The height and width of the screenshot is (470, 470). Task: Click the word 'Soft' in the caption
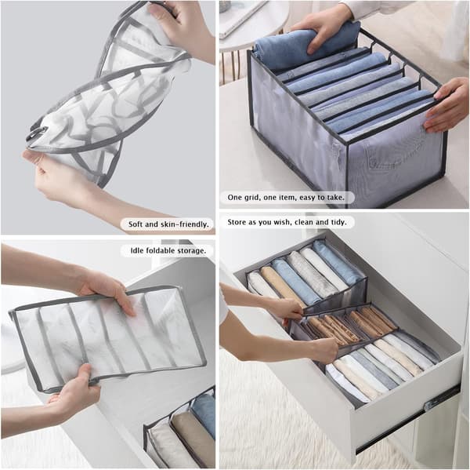[x=136, y=224]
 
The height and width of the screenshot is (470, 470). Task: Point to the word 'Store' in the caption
[x=237, y=222]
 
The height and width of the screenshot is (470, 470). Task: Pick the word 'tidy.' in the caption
[x=338, y=222]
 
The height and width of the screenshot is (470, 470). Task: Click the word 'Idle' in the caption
[x=136, y=250]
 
